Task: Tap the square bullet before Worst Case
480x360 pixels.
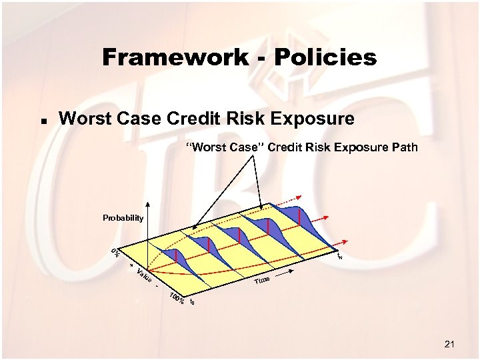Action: [43, 122]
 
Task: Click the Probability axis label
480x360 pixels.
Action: [123, 218]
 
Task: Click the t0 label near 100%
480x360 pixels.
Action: [193, 303]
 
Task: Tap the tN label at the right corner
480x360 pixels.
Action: [340, 255]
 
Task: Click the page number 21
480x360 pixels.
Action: [449, 344]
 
